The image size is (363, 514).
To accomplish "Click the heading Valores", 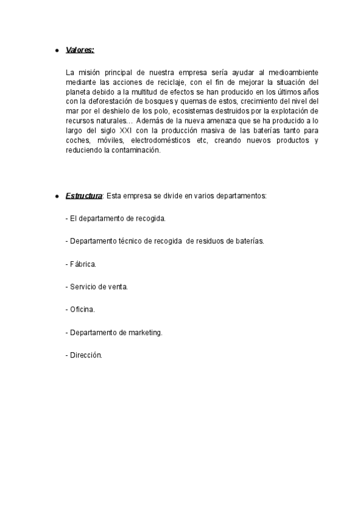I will point(79,50).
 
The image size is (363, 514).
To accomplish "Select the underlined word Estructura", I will point(83,196).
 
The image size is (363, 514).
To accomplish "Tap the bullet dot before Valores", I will point(56,50).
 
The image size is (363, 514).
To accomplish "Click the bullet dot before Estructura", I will point(56,197).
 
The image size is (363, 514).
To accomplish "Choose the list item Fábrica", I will point(81,264).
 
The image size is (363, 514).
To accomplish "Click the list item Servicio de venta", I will point(97,286).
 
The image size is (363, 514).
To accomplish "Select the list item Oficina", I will point(80,309).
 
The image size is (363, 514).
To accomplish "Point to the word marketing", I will point(145,332).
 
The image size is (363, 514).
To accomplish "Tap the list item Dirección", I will point(84,355).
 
